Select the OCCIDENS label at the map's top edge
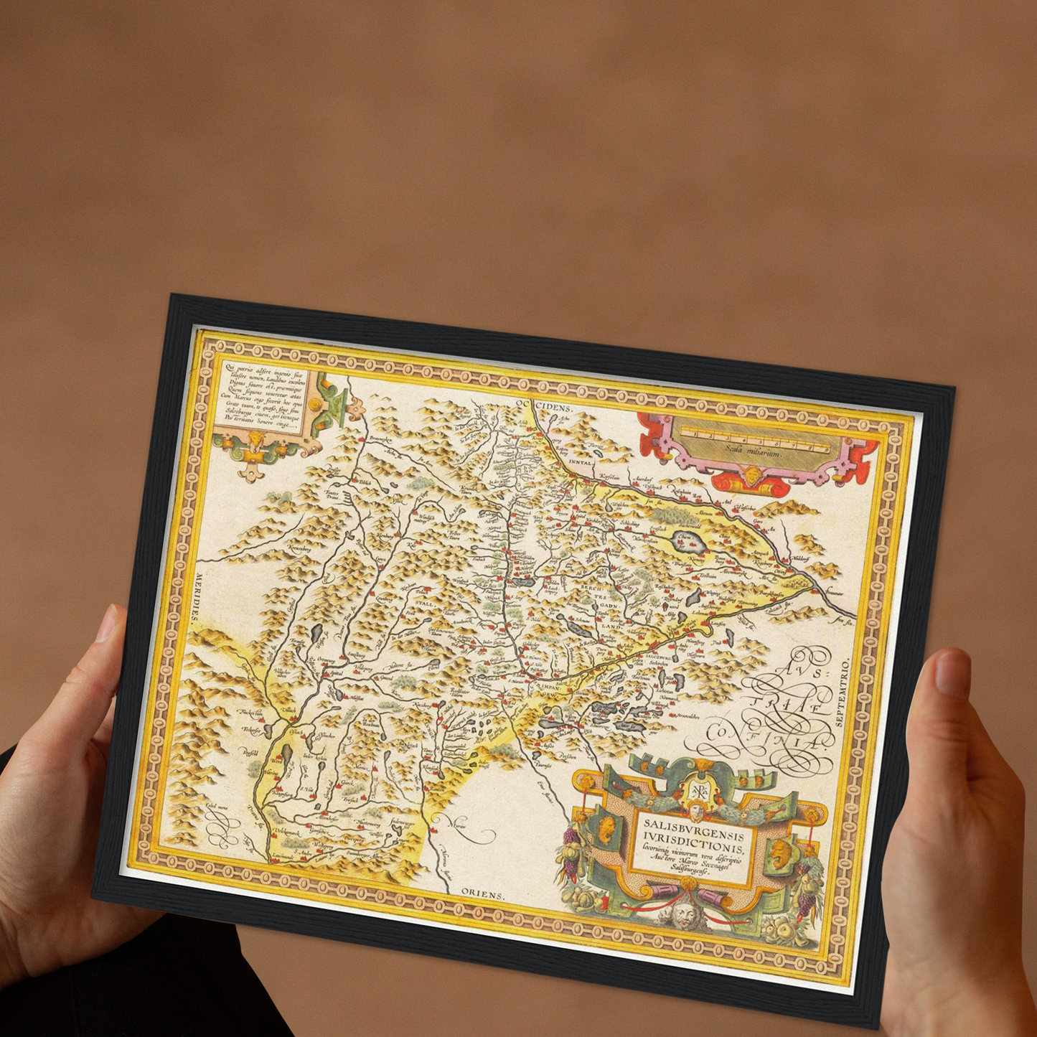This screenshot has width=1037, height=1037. click(548, 406)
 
